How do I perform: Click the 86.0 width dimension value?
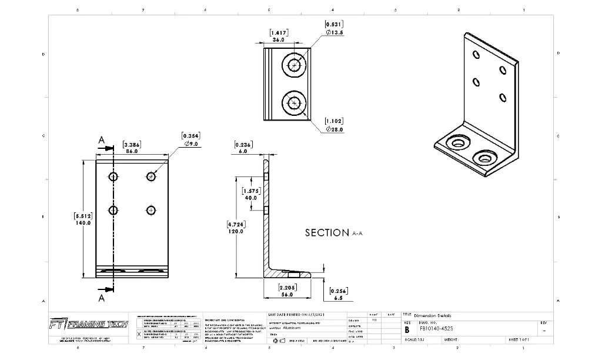pos(132,151)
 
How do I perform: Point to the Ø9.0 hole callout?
pos(193,143)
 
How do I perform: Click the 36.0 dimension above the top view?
pos(278,40)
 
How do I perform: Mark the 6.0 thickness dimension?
pos(243,151)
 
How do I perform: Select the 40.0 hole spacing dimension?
pos(250,198)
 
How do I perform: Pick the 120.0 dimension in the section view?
pos(236,232)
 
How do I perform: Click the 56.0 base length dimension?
pos(287,295)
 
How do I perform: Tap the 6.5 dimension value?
pos(337,298)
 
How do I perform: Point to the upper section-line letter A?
pos(101,140)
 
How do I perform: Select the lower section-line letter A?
pos(101,298)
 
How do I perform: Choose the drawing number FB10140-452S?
pos(437,330)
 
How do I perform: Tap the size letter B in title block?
pos(407,330)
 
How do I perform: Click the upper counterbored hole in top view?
pos(294,65)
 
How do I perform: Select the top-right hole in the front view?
pos(151,176)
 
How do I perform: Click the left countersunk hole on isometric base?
pos(456,142)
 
